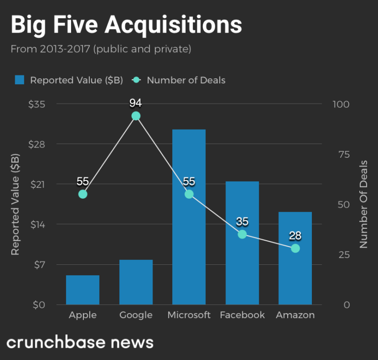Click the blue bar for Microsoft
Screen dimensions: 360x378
[x=189, y=217]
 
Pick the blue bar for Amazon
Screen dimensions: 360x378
[x=295, y=258]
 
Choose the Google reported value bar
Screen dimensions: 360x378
[x=136, y=282]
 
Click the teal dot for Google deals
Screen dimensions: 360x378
[x=136, y=116]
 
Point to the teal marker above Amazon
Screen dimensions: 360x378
[x=295, y=248]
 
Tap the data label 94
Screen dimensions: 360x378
[x=136, y=103]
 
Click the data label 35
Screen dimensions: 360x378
[x=242, y=221]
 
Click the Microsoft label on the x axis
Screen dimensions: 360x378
[x=189, y=315]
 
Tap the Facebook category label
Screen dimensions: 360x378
[x=242, y=315]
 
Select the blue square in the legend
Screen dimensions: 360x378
[x=20, y=80]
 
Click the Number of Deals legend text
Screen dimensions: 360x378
[x=186, y=80]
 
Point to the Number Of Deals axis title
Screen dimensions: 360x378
[x=364, y=204]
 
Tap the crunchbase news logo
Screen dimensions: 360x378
[x=80, y=342]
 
